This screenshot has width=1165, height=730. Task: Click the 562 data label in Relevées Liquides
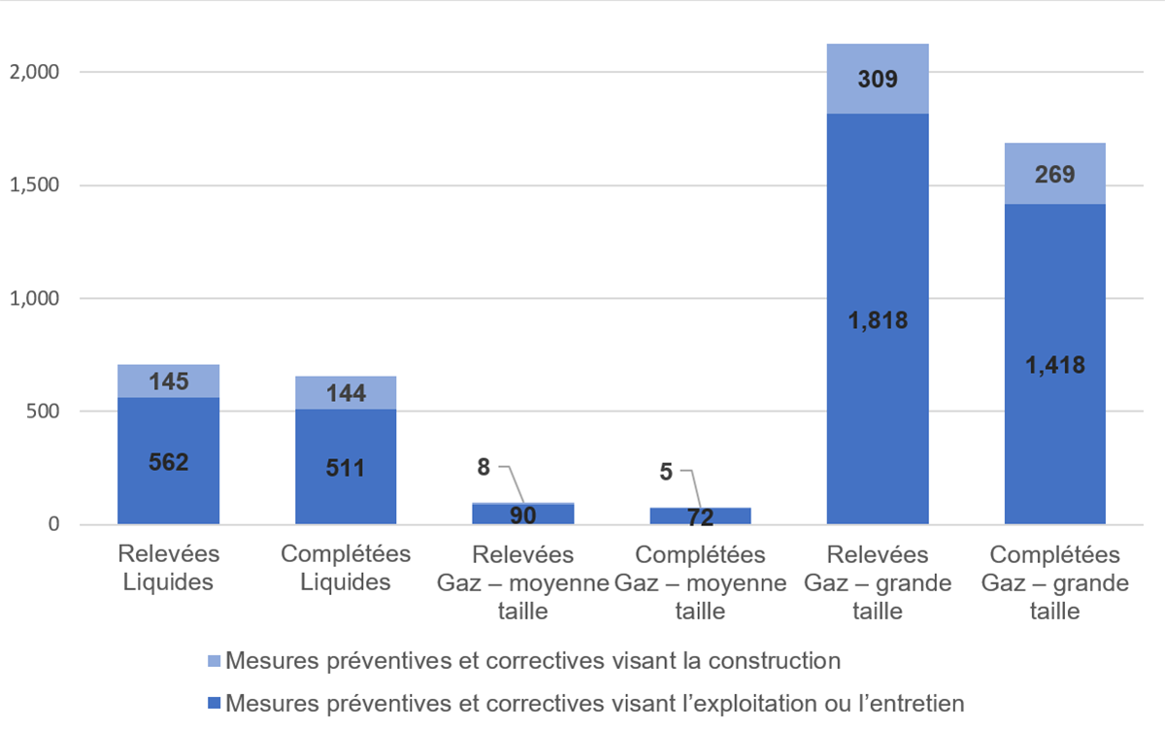click(169, 462)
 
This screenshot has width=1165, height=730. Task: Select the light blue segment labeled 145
click(169, 381)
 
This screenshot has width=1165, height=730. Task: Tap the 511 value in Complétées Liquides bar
click(346, 468)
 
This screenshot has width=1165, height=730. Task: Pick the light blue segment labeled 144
click(346, 393)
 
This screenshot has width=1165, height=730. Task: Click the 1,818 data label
click(877, 321)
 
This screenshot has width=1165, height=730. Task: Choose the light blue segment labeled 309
click(877, 80)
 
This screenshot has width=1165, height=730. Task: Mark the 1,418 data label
click(1054, 365)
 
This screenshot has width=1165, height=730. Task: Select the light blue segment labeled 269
click(1054, 174)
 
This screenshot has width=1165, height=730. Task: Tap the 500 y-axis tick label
click(43, 412)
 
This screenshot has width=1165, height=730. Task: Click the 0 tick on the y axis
click(53, 525)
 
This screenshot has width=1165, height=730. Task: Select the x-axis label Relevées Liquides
click(169, 568)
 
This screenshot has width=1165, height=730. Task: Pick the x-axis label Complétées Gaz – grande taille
click(1054, 582)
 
